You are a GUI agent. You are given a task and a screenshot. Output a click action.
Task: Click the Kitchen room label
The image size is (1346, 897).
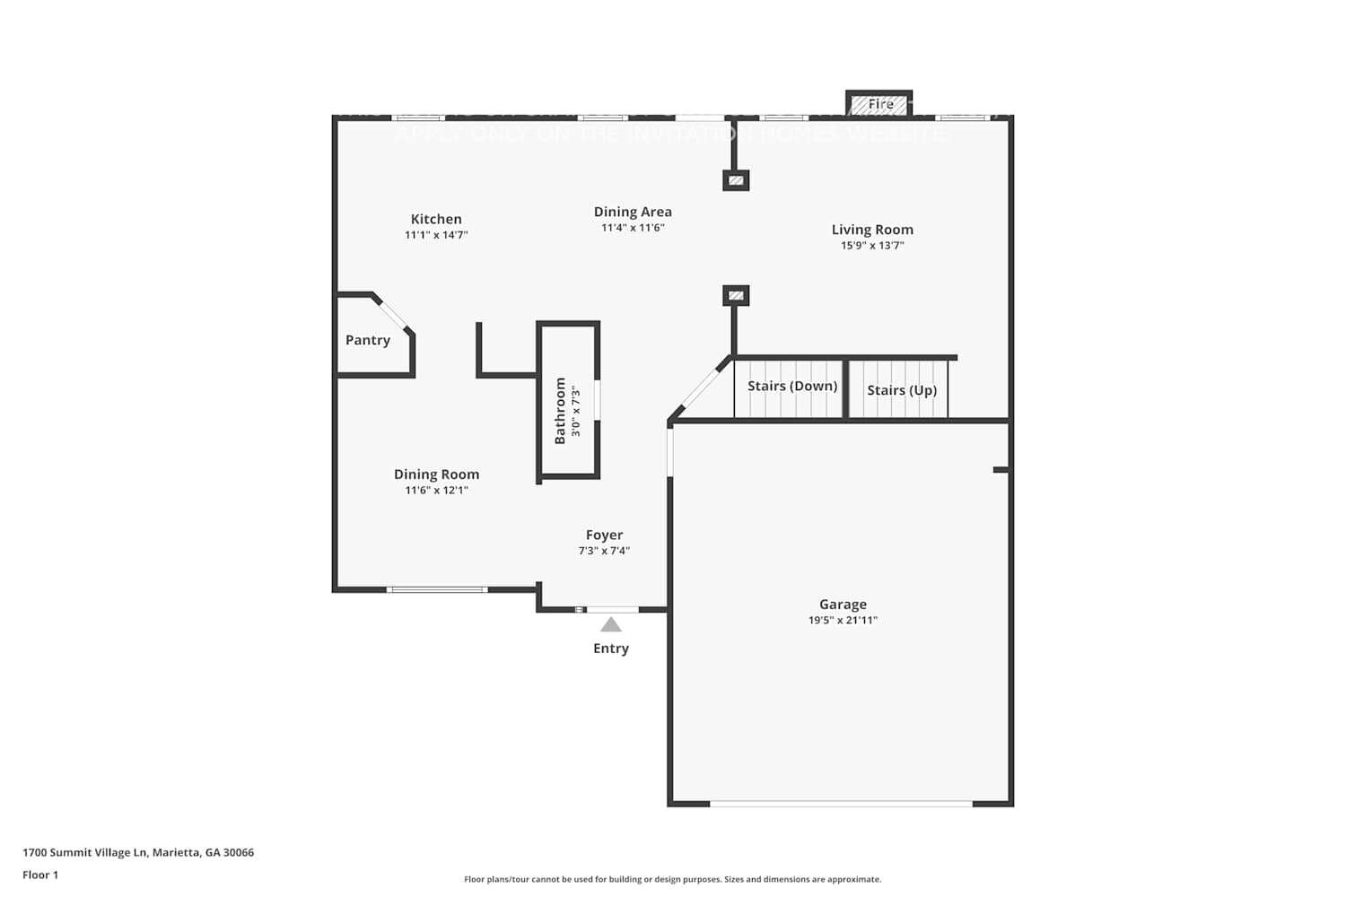436,219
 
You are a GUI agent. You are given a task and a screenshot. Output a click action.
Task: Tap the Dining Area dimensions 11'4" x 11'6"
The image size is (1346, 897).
633,228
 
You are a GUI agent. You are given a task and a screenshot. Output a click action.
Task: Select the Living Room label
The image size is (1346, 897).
872,230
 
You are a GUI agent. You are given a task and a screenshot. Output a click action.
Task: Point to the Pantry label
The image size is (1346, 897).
368,340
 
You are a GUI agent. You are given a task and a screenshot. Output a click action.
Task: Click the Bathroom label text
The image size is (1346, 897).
560,411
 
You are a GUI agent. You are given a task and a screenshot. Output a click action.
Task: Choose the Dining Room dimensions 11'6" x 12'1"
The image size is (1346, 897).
436,491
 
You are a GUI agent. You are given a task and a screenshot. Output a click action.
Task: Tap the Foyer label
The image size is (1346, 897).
604,535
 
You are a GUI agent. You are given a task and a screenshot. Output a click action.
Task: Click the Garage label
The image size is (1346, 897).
843,605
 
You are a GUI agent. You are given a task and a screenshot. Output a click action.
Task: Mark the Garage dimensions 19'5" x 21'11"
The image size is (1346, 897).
843,620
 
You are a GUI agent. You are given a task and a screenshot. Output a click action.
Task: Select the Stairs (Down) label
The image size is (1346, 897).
792,386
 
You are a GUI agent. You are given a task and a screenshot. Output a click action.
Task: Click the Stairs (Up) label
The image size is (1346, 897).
902,390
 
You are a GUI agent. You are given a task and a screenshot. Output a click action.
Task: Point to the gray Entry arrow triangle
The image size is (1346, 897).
611,625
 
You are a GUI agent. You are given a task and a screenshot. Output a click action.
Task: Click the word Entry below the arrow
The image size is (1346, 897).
611,649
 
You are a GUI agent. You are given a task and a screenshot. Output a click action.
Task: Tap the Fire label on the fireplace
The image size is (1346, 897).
880,104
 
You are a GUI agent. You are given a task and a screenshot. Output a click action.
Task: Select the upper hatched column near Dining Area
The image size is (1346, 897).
736,180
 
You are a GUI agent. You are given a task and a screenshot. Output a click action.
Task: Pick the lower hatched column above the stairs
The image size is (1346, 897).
736,295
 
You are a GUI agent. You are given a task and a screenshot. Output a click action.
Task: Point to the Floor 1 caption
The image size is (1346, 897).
40,875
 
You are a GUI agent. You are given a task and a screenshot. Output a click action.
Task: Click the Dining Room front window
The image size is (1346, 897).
437,589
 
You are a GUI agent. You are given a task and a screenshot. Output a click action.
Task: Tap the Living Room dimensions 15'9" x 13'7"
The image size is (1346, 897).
872,246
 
